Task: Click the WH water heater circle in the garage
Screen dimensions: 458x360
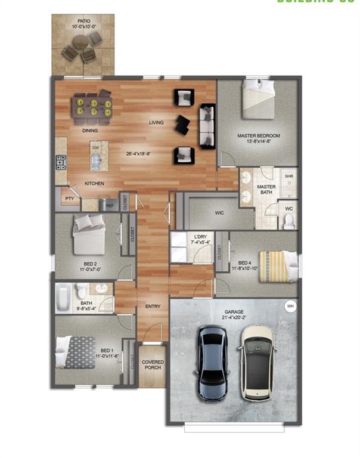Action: tap(290, 306)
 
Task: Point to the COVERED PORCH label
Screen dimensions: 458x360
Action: tap(152, 365)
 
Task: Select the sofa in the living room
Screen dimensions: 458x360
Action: tap(207, 126)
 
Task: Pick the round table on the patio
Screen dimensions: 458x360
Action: tap(80, 44)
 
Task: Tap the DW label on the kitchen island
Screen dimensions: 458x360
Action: tap(95, 147)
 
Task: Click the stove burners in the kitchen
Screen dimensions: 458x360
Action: tap(61, 162)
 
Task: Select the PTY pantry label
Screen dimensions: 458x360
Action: tap(70, 199)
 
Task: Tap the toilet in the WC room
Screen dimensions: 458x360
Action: tap(289, 221)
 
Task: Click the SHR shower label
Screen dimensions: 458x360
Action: tap(288, 177)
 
